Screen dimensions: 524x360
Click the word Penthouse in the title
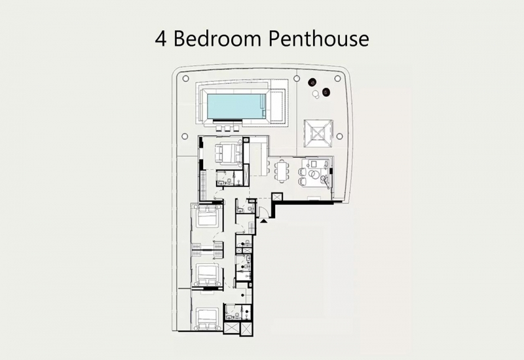(319, 39)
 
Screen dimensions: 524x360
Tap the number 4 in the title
(160, 39)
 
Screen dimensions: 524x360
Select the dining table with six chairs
(283, 171)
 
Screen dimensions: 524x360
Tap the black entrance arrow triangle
(264, 221)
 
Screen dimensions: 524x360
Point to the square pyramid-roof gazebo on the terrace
(318, 134)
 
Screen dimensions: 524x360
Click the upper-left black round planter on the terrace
(312, 82)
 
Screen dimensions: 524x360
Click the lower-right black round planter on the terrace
(326, 92)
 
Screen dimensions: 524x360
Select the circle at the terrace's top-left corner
(186, 79)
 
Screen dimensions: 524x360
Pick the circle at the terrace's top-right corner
(337, 79)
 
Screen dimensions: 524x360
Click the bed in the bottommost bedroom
(208, 319)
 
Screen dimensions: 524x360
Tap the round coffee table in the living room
(315, 174)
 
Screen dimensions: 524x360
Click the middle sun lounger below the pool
(228, 128)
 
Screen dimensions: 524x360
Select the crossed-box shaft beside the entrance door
(277, 196)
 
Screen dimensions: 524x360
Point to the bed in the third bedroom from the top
(208, 275)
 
